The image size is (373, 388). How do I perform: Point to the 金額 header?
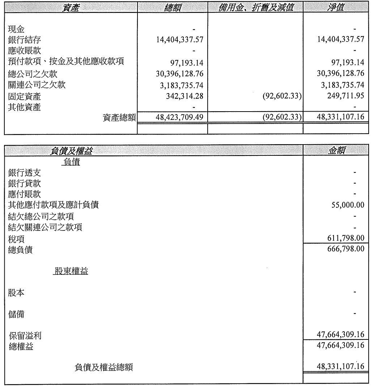336,151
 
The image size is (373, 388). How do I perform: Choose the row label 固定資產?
24,97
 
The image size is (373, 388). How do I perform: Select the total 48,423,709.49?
177,117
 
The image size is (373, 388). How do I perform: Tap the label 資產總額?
119,117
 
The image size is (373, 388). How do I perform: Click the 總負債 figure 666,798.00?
346,249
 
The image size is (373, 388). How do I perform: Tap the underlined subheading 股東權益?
71,271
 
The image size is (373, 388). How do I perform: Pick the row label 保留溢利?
25,336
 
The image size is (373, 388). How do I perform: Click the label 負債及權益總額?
104,368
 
